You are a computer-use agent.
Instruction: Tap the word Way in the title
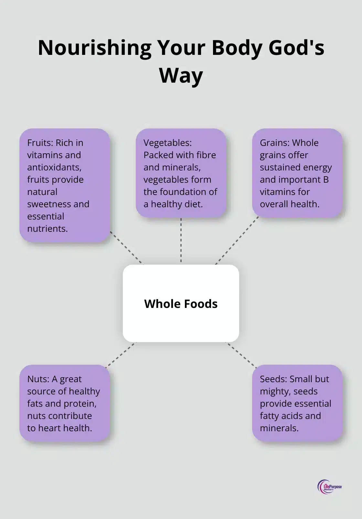[x=181, y=75]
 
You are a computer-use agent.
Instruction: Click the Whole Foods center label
[x=181, y=303]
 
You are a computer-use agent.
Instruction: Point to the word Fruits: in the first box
[x=40, y=143]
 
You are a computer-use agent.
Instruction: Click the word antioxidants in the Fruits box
[x=54, y=167]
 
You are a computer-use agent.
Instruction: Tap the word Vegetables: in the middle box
[x=167, y=143]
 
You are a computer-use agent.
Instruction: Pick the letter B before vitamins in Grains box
[x=326, y=179]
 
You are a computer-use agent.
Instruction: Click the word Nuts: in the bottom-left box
[x=38, y=379]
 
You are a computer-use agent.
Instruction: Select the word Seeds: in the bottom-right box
[x=273, y=379]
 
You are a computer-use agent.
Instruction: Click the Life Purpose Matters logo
[x=329, y=487]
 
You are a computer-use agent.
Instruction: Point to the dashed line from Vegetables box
[x=181, y=240]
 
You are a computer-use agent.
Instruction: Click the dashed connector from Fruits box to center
[x=126, y=248]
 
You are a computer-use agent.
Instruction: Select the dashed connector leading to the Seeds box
[x=241, y=355]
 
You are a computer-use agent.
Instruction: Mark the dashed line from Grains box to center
[x=237, y=240]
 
